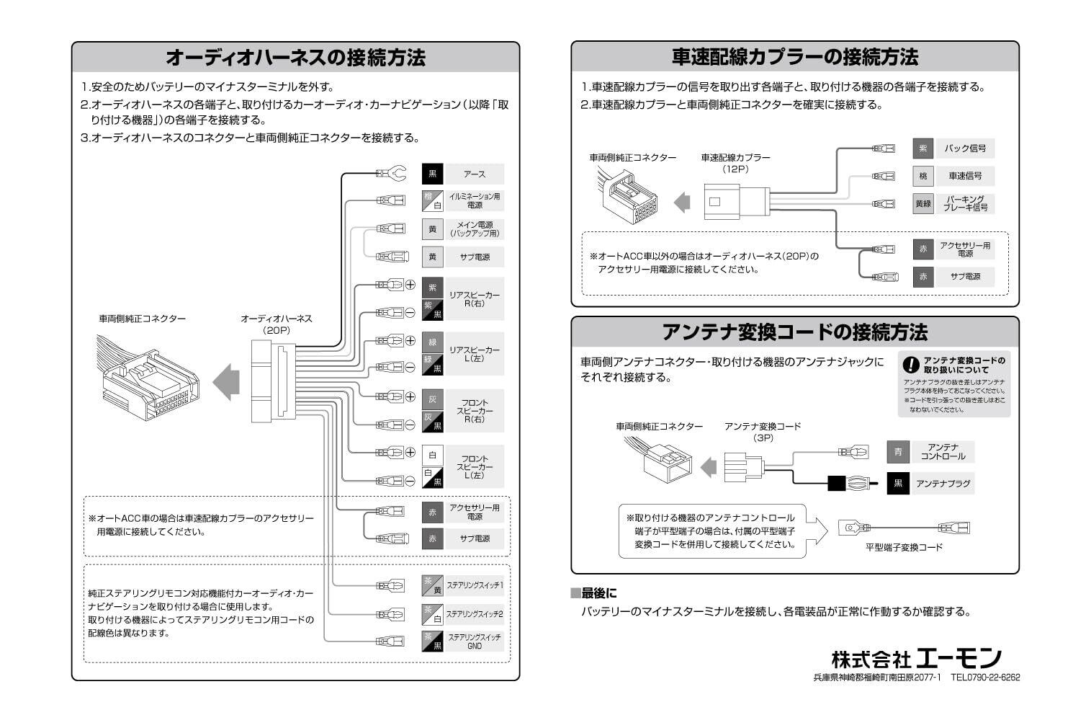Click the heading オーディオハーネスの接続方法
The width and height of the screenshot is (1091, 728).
(295, 58)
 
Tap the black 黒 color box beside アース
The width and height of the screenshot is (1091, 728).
(432, 174)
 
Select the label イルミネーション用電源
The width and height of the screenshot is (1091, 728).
(474, 200)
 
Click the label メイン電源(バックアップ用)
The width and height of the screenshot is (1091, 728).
(474, 229)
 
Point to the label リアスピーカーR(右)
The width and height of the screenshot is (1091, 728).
(474, 299)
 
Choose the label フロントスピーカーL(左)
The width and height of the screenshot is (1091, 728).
(474, 466)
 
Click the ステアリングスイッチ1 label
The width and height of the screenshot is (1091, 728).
(474, 585)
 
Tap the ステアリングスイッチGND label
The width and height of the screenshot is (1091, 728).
(474, 642)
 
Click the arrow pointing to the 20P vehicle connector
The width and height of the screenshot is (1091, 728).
(226, 381)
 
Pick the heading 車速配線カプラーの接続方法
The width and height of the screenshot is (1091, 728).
(795, 57)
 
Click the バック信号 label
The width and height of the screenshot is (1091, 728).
(964, 148)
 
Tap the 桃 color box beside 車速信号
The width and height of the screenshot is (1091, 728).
(922, 176)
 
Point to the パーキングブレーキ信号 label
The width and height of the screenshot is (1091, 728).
(964, 203)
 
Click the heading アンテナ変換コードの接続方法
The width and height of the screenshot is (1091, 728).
(795, 332)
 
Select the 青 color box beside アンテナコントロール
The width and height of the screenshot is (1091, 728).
(897, 452)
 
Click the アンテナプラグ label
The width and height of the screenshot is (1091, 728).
(942, 484)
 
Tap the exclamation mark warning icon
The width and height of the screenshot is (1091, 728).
(912, 365)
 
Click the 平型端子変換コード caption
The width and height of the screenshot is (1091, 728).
(904, 548)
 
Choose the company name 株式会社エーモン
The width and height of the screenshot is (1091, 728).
(916, 658)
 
